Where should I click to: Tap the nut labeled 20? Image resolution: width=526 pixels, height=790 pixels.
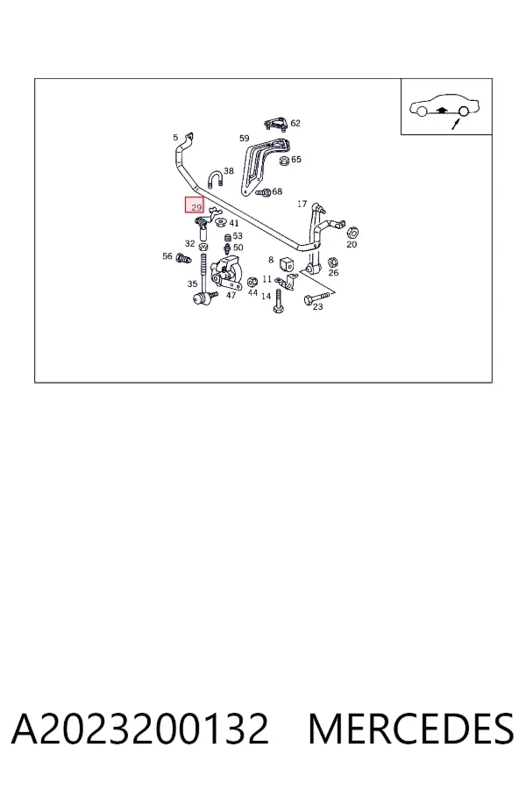[352, 232]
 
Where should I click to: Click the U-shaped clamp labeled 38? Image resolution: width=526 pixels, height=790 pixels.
[214, 179]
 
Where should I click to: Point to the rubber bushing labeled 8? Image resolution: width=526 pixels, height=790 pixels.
[287, 263]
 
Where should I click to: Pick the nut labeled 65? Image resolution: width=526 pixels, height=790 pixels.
[283, 162]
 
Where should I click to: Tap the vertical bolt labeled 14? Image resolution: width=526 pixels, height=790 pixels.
[277, 301]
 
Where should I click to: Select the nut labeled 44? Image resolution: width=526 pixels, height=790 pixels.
[252, 281]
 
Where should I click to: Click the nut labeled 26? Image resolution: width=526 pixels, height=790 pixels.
[333, 262]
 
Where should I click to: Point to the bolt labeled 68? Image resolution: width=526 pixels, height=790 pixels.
[263, 192]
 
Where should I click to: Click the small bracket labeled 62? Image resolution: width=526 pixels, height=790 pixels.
[276, 124]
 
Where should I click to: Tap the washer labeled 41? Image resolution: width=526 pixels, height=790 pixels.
[219, 221]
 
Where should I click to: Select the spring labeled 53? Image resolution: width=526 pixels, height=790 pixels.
[228, 237]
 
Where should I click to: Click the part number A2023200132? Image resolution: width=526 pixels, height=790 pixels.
[140, 729]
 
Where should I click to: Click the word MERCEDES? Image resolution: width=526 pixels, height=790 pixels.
[411, 729]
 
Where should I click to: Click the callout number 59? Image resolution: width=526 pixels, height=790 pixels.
[244, 138]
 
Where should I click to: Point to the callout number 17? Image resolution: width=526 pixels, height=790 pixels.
[302, 204]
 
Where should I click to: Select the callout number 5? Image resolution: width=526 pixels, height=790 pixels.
[175, 137]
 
